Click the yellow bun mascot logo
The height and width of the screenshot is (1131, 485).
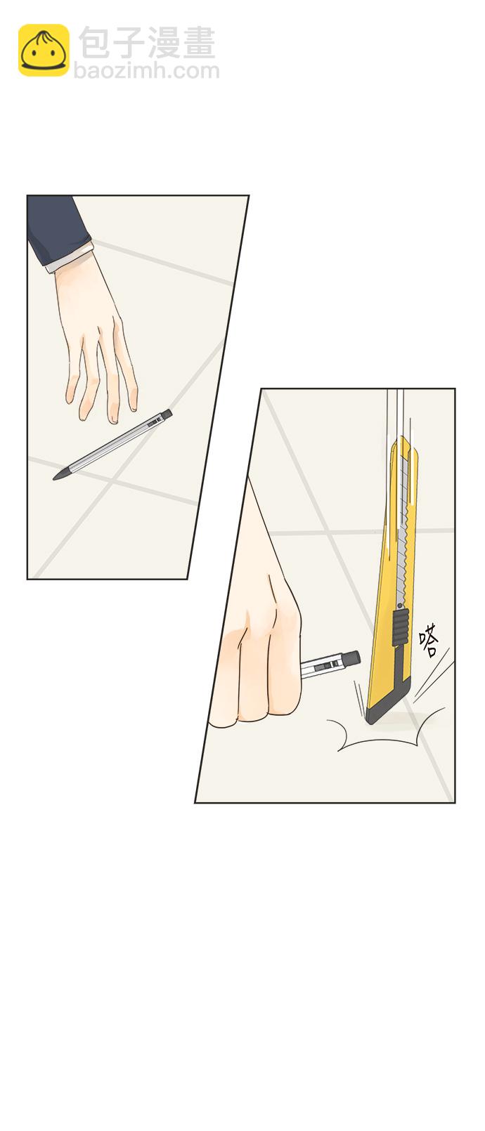pyautogui.click(x=44, y=51)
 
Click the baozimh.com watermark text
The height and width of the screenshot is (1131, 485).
pyautogui.click(x=146, y=70)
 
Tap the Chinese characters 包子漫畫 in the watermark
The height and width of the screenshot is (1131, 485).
pyautogui.click(x=147, y=42)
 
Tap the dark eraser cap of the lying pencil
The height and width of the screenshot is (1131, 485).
pyautogui.click(x=167, y=414)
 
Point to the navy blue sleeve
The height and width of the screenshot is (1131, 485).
pyautogui.click(x=56, y=227)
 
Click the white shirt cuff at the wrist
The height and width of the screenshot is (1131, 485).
pyautogui.click(x=71, y=259)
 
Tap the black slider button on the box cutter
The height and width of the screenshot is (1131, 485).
pyautogui.click(x=401, y=627)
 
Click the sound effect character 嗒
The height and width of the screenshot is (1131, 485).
pyautogui.click(x=429, y=640)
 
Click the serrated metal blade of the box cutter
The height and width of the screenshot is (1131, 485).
pyautogui.click(x=403, y=530)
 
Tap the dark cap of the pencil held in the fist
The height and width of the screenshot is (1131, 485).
pyautogui.click(x=351, y=659)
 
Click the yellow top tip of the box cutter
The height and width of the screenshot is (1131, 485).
pyautogui.click(x=403, y=444)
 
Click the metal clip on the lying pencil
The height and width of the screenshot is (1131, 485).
pyautogui.click(x=153, y=423)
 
